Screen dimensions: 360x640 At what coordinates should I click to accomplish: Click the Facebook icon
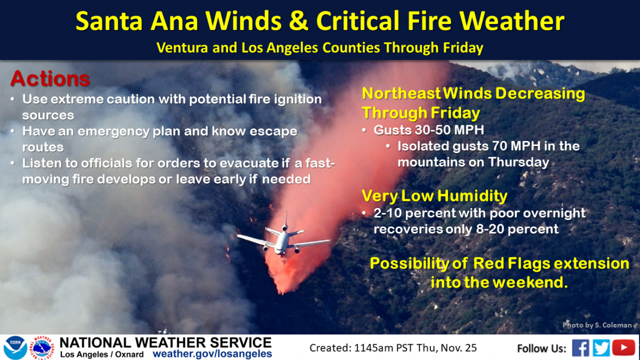pyautogui.click(x=581, y=347)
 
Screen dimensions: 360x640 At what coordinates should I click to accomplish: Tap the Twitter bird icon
pyautogui.click(x=601, y=347)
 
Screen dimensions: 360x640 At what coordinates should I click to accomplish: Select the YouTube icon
pyautogui.click(x=624, y=347)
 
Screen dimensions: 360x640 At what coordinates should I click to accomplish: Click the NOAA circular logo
pyautogui.click(x=15, y=347)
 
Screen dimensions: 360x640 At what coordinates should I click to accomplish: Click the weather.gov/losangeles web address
pyautogui.click(x=212, y=354)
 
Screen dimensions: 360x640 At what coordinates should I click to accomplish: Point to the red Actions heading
pyautogui.click(x=50, y=79)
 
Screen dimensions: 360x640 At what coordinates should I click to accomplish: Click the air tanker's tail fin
pyautogui.click(x=284, y=222)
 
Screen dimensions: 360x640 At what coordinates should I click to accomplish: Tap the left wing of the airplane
pyautogui.click(x=255, y=240)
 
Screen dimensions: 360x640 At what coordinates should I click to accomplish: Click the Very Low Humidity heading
pyautogui.click(x=434, y=196)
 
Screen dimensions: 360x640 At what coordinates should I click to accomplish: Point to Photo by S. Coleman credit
pyautogui.click(x=597, y=325)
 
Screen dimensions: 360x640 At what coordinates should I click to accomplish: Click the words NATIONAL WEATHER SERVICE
pyautogui.click(x=165, y=343)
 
